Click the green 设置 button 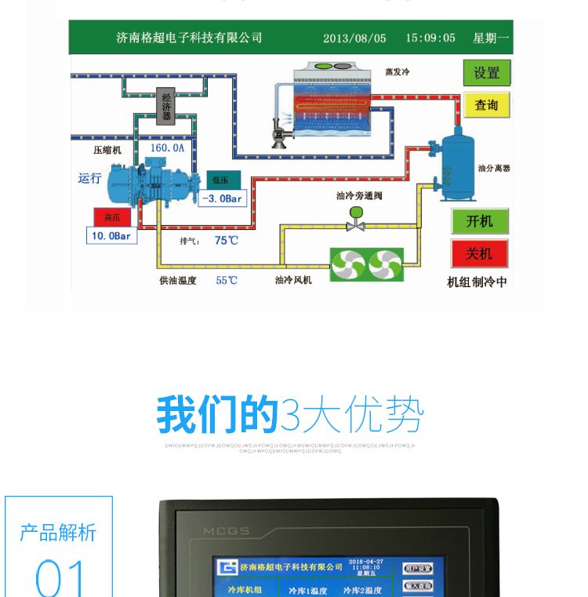pos(486,73)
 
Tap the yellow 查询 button pos(486,105)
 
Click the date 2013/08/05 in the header pos(354,38)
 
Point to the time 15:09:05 pos(430,38)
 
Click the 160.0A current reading pos(167,147)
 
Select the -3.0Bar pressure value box pos(223,198)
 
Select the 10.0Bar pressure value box pos(111,235)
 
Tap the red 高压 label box pos(112,217)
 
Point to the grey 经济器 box pos(166,106)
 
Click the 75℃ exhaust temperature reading pos(226,240)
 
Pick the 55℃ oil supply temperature pos(227,280)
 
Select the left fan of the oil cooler pos(347,265)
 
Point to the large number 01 pos(60,577)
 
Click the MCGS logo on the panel pos(226,531)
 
